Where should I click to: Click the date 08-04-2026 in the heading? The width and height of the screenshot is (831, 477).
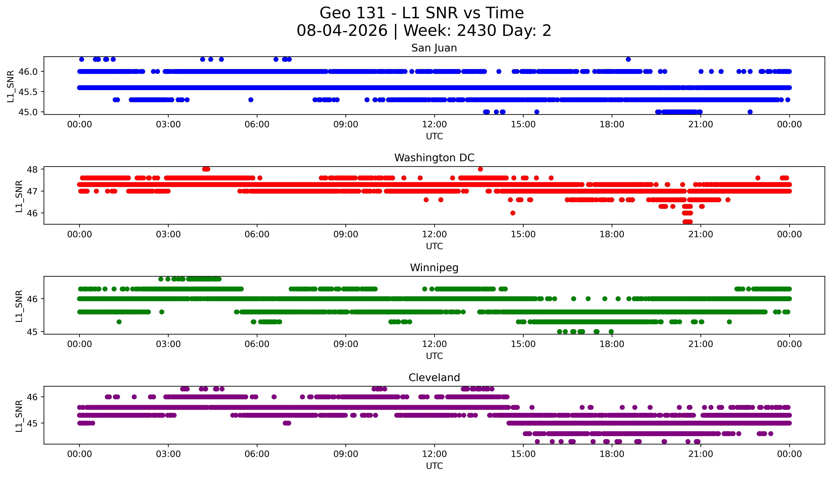[342, 31]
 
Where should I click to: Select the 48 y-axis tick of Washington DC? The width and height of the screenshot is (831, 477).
[34, 169]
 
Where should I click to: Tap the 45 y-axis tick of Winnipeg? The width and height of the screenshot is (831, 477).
[34, 332]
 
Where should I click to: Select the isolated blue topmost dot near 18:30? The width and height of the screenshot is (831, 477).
[628, 59]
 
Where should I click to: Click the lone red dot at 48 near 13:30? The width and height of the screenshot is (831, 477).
[480, 169]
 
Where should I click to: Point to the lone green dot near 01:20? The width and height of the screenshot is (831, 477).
[119, 322]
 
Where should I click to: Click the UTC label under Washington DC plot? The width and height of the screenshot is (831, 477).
[434, 246]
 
